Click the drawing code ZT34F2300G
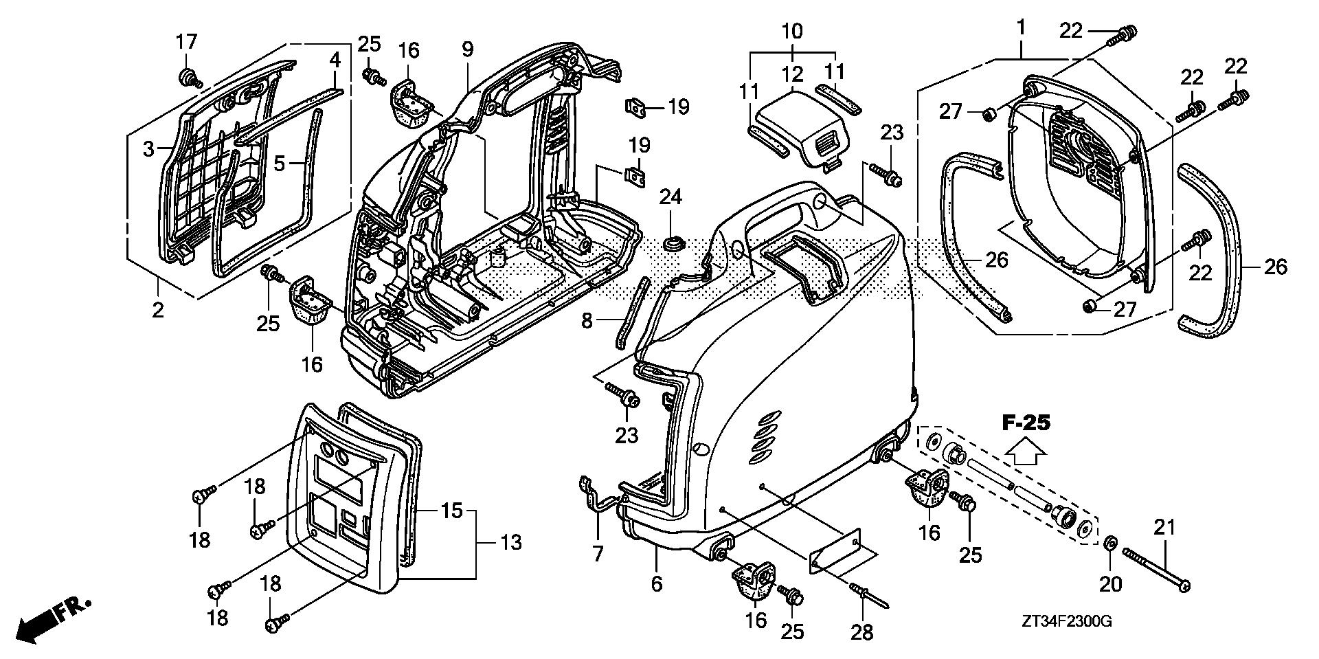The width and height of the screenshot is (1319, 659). (x=1066, y=622)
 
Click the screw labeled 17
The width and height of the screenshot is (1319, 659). (x=187, y=77)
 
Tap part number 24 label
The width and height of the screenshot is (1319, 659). (x=670, y=198)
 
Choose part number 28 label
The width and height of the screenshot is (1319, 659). (x=862, y=632)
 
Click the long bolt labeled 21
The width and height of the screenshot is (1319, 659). (x=1157, y=568)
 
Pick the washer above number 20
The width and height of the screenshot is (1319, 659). (x=1109, y=545)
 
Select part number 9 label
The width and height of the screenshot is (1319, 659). (x=467, y=49)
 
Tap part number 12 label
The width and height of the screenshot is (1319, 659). (x=791, y=74)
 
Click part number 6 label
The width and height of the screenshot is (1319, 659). (x=656, y=584)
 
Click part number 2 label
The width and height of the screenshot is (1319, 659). (x=158, y=310)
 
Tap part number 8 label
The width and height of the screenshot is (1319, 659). (x=586, y=321)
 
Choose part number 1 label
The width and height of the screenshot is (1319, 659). (x=1021, y=28)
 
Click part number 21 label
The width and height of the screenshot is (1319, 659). (x=1164, y=528)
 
